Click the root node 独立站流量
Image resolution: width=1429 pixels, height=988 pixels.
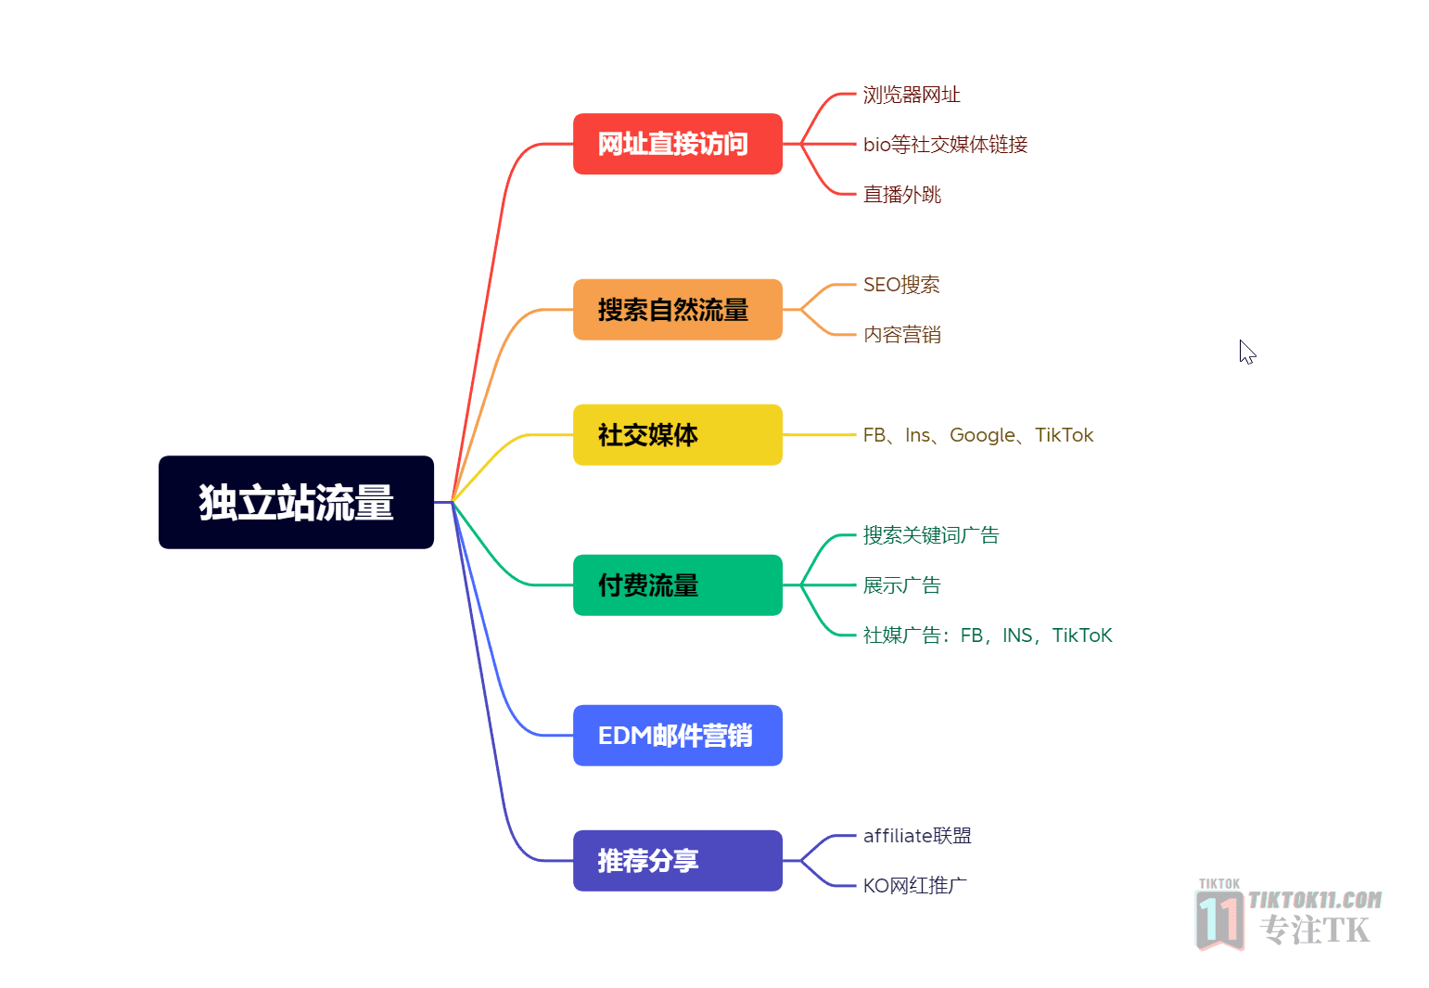coord(296,502)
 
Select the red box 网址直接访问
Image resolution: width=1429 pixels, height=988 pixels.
coord(678,144)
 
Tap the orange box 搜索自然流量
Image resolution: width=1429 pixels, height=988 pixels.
coord(678,310)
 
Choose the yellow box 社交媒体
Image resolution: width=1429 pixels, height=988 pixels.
coord(678,435)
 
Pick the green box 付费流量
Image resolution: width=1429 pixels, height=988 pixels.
coord(678,585)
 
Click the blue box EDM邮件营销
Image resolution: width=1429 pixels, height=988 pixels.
coord(678,736)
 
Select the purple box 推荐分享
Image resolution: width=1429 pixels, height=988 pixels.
coord(678,860)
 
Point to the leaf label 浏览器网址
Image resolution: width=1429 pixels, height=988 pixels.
coord(911,95)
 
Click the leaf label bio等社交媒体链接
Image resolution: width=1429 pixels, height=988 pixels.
coord(945,144)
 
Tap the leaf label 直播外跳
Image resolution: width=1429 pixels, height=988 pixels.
coord(901,194)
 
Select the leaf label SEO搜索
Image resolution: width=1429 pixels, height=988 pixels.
coord(900,285)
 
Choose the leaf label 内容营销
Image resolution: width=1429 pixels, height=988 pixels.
coord(901,335)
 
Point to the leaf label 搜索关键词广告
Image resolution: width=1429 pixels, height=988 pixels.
coord(931,535)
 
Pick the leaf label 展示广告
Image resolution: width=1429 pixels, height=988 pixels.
coord(901,585)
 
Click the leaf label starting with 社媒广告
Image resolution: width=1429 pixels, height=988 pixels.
coord(987,635)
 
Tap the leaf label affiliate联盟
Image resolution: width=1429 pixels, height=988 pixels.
coord(917,836)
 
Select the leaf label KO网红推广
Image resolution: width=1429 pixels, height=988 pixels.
coord(915,885)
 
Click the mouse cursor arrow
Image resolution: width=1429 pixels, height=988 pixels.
coord(1247,353)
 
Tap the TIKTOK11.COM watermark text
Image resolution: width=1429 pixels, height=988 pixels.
coord(1315,900)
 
